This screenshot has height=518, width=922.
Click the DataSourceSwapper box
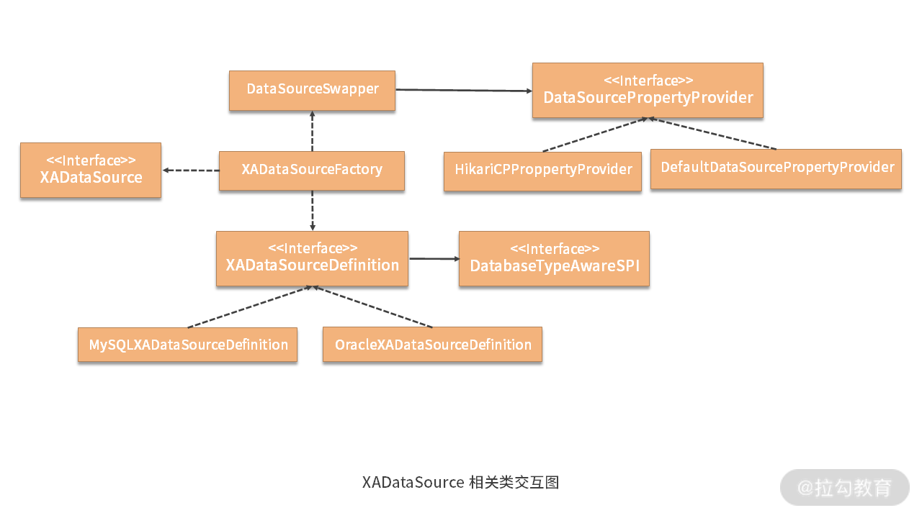(312, 90)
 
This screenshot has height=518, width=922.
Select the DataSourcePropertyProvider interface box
(648, 90)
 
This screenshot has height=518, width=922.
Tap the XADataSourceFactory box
(311, 171)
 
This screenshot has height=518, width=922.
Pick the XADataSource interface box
(91, 170)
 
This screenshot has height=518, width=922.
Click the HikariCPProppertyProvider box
(542, 171)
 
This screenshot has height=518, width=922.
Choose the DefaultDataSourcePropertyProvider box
(776, 168)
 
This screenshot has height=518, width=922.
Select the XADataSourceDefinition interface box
(312, 258)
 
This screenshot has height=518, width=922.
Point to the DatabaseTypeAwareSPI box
(554, 259)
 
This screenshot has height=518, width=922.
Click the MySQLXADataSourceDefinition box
(188, 345)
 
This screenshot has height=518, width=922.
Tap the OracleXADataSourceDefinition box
(432, 345)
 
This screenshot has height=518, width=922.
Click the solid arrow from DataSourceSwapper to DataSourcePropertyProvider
(464, 91)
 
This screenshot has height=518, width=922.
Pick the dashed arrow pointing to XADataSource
(191, 171)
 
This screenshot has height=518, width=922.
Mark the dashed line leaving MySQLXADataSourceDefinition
(249, 307)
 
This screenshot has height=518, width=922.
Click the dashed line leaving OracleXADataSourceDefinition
(372, 307)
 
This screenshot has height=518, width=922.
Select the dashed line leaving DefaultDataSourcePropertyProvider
(713, 133)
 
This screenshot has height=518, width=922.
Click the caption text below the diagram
(460, 482)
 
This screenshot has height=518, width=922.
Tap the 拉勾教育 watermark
(844, 488)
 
